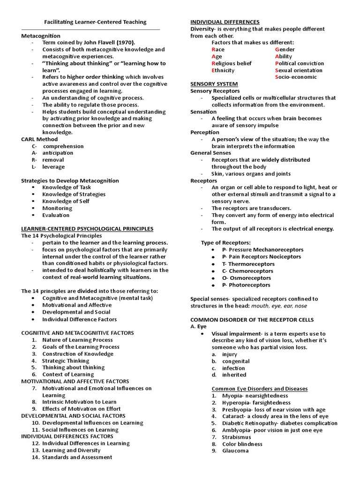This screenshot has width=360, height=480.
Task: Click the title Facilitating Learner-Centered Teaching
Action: coord(95,22)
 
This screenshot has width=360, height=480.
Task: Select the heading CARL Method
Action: coord(40,139)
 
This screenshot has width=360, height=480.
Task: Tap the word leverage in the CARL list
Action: coord(53,167)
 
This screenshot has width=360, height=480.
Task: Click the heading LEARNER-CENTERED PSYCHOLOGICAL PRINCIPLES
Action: coord(87,229)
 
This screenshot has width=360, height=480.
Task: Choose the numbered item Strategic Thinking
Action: coord(66,361)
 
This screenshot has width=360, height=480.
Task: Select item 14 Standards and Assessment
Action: coord(77,457)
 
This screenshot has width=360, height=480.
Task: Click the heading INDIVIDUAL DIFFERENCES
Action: coord(225,22)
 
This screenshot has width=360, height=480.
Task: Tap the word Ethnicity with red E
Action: coord(223,70)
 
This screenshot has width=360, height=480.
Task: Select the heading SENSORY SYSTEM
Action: coord(211,84)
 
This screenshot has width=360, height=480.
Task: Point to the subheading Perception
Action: coord(205,132)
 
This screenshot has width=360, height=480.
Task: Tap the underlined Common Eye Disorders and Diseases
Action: coord(260,389)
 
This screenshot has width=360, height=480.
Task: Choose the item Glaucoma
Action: coord(236,451)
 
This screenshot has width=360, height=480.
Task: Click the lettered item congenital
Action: coord(236,361)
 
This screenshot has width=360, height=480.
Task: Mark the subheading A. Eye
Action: coord(198,326)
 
